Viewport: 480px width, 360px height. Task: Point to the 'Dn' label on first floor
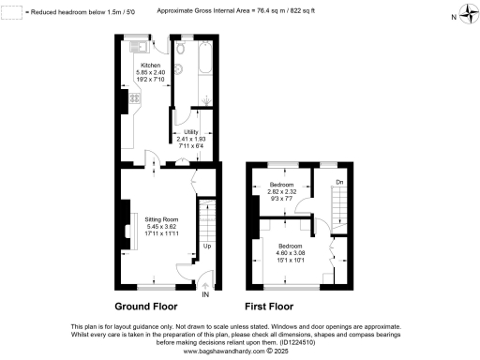tap(339, 182)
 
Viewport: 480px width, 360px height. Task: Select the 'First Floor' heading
tap(269, 307)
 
